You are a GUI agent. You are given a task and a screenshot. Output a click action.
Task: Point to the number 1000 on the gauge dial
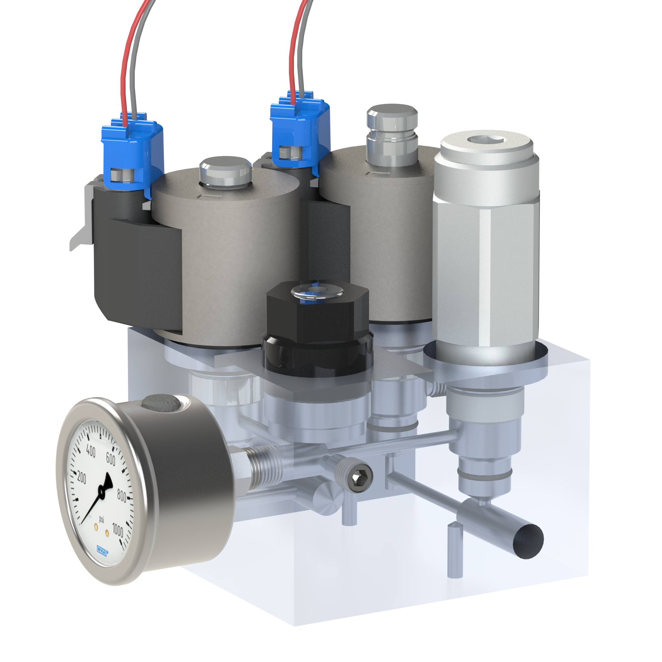[x=118, y=531]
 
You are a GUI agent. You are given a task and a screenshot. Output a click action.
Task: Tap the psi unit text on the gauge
[x=102, y=519]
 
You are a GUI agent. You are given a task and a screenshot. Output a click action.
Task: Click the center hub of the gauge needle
[x=101, y=492]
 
